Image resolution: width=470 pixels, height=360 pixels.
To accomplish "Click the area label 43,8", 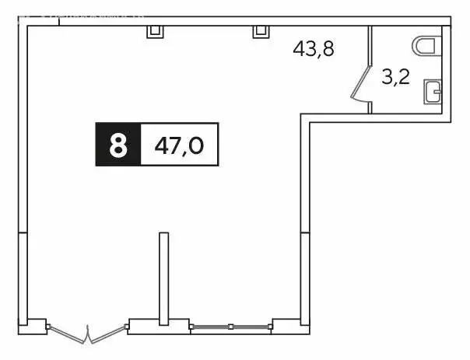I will click(313, 48).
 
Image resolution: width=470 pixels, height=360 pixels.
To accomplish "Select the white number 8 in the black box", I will click(117, 145).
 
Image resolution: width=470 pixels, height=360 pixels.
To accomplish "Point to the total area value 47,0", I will click(179, 145).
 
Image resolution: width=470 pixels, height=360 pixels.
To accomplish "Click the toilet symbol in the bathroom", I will click(427, 46).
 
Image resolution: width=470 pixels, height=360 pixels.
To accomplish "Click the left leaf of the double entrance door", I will click(68, 334).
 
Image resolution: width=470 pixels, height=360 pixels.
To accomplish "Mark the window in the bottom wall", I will click(230, 327).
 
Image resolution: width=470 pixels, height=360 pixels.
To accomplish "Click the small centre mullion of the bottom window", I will click(230, 327).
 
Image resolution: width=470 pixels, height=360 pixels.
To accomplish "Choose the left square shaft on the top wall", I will click(155, 30).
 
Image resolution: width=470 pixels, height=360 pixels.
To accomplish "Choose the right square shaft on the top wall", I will click(260, 30).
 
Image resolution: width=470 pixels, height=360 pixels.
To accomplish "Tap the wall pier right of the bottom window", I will click(286, 324).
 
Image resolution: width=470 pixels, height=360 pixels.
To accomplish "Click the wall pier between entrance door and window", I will click(148, 325).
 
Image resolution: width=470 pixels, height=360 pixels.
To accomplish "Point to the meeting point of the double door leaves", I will click(89, 342).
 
